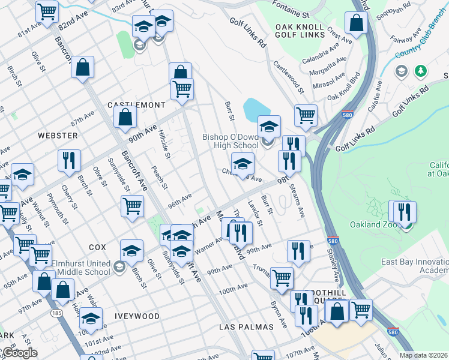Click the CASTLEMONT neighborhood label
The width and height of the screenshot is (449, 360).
136,105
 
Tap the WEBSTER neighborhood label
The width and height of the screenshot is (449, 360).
58,136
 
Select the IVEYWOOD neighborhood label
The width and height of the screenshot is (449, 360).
139,316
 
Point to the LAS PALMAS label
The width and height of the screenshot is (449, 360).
246,327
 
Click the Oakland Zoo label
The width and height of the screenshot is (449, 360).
372,225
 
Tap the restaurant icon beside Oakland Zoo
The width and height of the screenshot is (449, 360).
405,212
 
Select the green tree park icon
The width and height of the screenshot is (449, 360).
421,71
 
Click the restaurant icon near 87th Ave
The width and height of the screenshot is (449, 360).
69,161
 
